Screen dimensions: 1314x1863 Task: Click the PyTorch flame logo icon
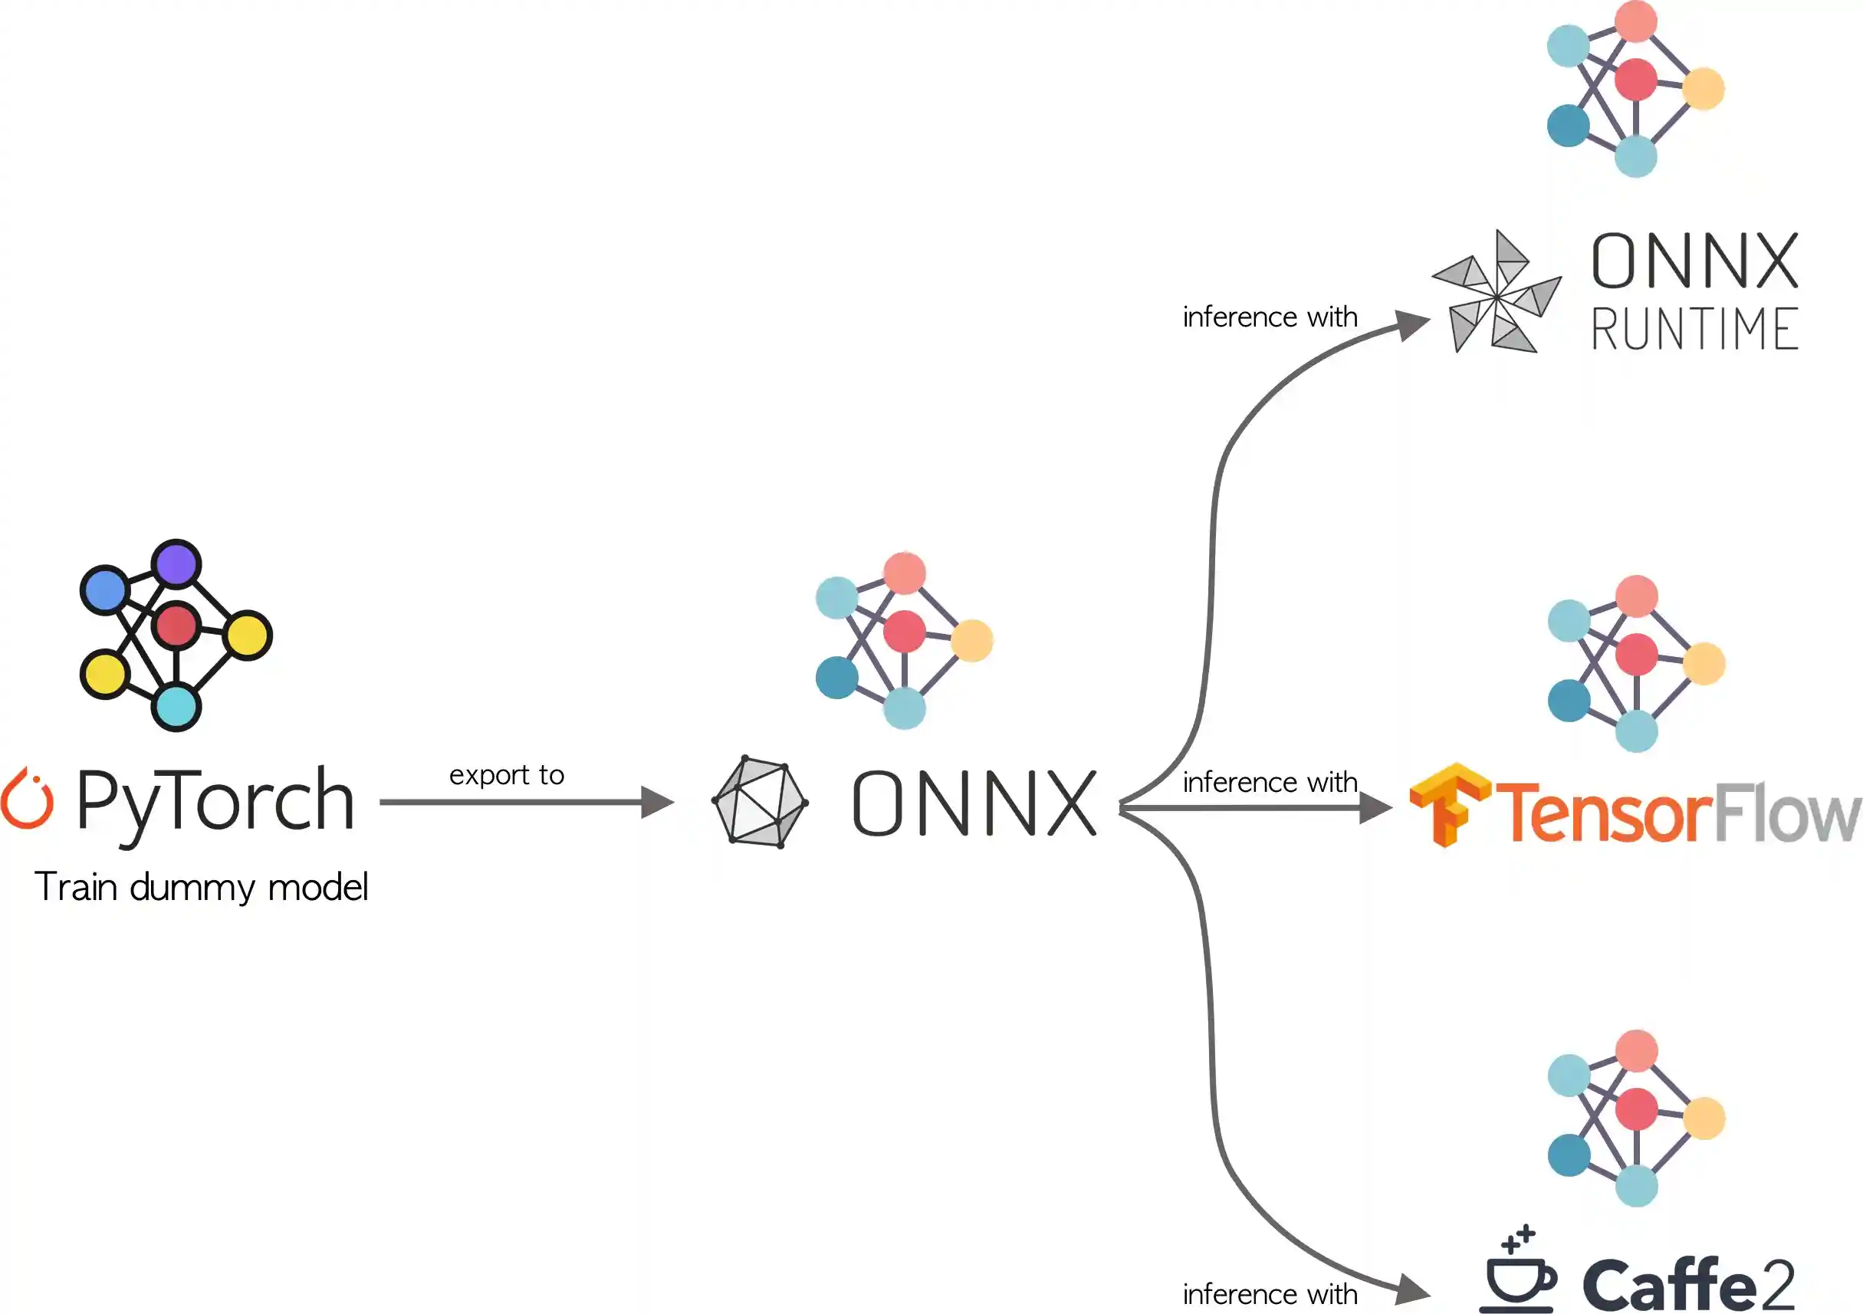(x=27, y=799)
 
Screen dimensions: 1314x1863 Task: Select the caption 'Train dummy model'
(x=201, y=887)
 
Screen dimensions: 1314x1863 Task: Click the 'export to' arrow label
(x=506, y=775)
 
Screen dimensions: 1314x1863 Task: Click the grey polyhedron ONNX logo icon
(x=760, y=802)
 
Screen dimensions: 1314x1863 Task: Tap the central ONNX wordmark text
(x=974, y=803)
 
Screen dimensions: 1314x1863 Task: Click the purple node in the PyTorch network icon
(x=176, y=563)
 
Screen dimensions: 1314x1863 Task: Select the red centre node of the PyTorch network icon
(x=176, y=625)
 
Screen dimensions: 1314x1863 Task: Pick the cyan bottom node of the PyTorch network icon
(x=176, y=707)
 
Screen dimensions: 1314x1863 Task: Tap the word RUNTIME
(x=1694, y=329)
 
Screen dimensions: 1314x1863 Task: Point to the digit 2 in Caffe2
(x=1774, y=1284)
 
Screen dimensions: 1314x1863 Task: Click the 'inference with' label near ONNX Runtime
(x=1270, y=317)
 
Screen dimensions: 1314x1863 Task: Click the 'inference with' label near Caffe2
(x=1270, y=1295)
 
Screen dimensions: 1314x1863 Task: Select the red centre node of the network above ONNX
(x=904, y=632)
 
